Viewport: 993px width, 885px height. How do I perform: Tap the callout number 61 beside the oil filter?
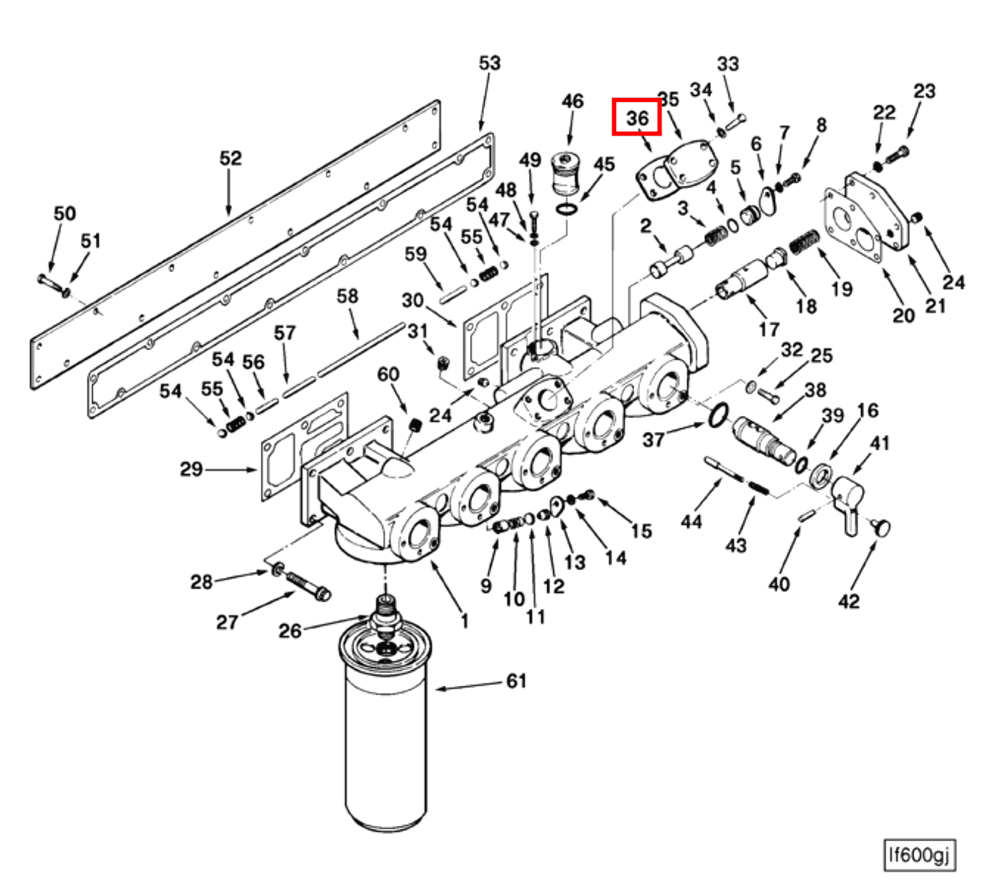(516, 681)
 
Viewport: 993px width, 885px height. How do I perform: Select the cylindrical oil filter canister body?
(385, 745)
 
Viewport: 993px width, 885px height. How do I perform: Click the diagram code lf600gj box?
(919, 855)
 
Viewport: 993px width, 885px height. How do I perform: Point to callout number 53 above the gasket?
(489, 63)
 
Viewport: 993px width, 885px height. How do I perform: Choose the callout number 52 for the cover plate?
(231, 158)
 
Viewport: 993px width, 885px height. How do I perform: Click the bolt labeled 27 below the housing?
(307, 586)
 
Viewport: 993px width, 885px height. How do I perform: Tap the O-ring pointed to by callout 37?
(717, 415)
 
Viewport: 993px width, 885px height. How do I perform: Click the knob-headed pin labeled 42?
(882, 527)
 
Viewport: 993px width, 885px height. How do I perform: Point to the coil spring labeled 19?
(804, 243)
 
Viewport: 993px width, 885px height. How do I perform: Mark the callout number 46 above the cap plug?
(572, 101)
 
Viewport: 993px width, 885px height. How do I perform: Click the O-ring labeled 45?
(567, 209)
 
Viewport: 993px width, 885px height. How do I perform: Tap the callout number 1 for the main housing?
(465, 621)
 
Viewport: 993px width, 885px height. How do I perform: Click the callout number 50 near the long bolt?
(64, 214)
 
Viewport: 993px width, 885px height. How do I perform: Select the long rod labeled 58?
(361, 349)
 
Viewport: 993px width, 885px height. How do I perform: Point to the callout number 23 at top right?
(924, 91)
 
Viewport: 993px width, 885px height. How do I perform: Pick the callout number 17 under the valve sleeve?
(768, 329)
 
